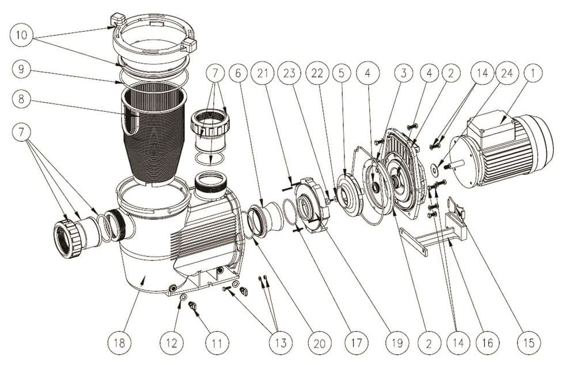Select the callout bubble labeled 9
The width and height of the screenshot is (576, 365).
[21, 69]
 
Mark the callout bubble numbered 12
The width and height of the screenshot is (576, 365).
[172, 343]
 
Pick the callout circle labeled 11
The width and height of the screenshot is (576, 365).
[216, 343]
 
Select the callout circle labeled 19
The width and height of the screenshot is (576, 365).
[396, 343]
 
